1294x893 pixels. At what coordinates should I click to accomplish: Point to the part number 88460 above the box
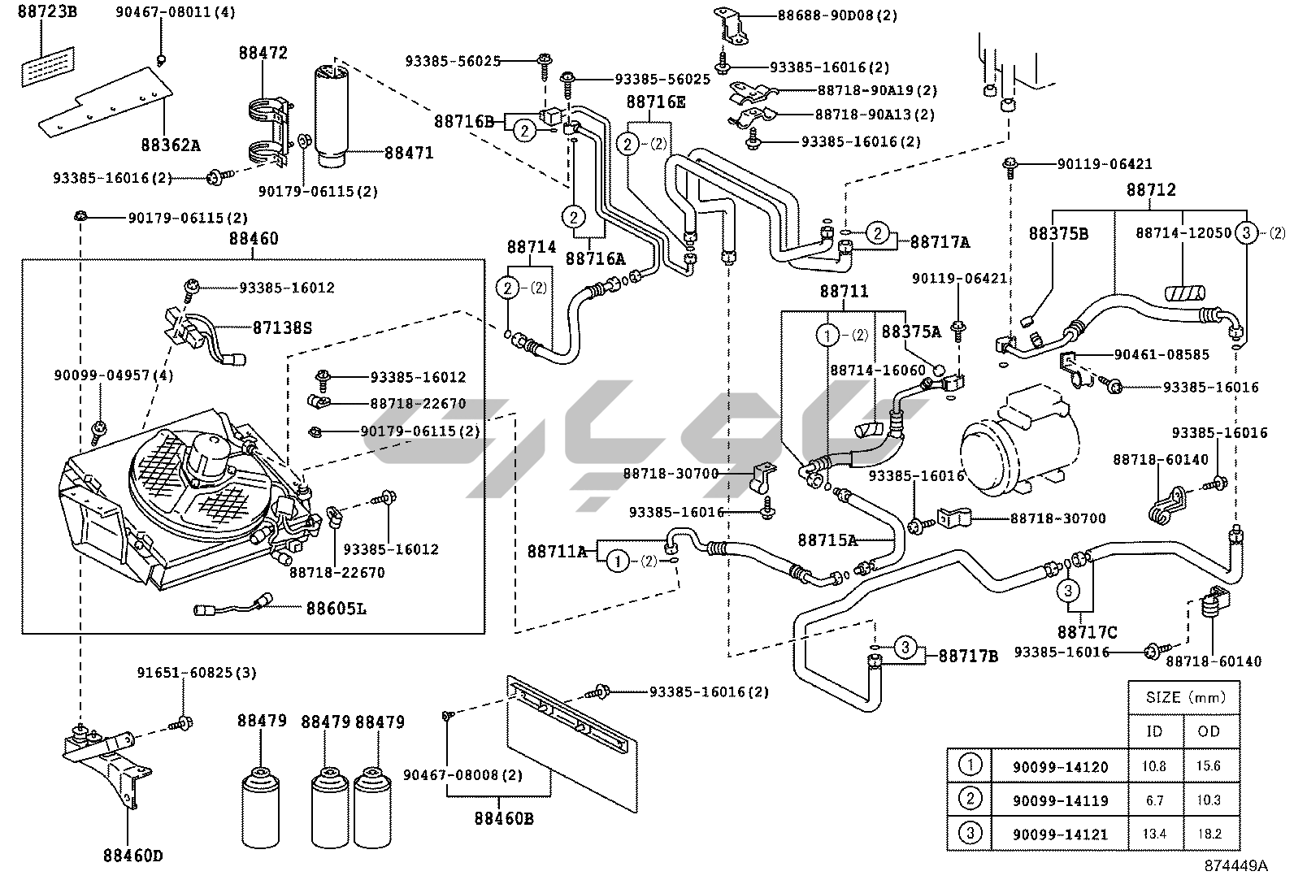253,239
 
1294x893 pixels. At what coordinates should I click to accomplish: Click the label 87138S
282,327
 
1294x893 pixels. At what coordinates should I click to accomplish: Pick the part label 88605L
336,607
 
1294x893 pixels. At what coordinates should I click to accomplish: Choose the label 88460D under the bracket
132,855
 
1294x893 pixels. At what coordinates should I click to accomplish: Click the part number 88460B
504,818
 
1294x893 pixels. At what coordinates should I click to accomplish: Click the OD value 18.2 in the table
1209,834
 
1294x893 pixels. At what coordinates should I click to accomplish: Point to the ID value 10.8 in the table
1154,766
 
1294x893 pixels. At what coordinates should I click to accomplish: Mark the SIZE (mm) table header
1183,697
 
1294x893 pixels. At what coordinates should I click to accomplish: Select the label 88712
1150,190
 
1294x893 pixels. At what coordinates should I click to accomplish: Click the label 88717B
968,656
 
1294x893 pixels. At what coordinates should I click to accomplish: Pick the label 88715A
827,540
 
